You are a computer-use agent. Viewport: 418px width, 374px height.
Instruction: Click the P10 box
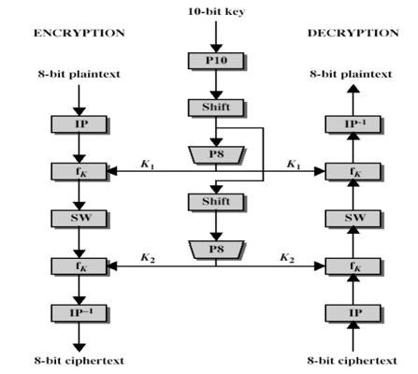click(x=216, y=61)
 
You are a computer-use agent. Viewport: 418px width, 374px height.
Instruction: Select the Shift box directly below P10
click(x=216, y=108)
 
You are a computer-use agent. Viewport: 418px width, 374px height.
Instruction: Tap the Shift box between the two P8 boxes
click(x=216, y=202)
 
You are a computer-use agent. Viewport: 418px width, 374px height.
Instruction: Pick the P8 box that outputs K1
click(x=216, y=155)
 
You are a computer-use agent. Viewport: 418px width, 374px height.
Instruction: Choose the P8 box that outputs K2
click(x=216, y=250)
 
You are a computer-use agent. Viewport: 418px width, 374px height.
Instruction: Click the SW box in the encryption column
click(x=79, y=218)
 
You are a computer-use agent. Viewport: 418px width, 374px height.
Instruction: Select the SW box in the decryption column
click(x=353, y=218)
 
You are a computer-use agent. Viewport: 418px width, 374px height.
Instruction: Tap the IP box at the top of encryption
click(x=79, y=124)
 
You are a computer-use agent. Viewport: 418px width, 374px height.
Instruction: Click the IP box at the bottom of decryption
click(x=353, y=312)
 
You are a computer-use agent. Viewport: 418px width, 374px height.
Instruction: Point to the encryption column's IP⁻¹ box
click(x=79, y=312)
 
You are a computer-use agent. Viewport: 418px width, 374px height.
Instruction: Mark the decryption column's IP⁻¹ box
click(x=353, y=124)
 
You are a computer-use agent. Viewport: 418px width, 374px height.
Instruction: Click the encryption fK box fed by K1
click(x=79, y=171)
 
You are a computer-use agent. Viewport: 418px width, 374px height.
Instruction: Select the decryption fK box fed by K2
click(x=353, y=266)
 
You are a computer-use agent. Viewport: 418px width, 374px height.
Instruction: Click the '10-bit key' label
click(x=216, y=11)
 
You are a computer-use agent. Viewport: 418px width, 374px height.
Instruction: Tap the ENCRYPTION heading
click(x=79, y=33)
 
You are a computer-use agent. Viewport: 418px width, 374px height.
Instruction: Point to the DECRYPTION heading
click(x=353, y=33)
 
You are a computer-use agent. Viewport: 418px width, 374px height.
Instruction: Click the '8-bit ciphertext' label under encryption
click(x=79, y=361)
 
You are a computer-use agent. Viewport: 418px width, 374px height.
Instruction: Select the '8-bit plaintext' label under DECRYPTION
click(x=351, y=74)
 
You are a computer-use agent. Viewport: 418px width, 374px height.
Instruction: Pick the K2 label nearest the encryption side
click(x=148, y=258)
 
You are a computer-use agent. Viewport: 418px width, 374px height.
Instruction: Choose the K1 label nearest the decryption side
click(x=294, y=164)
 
